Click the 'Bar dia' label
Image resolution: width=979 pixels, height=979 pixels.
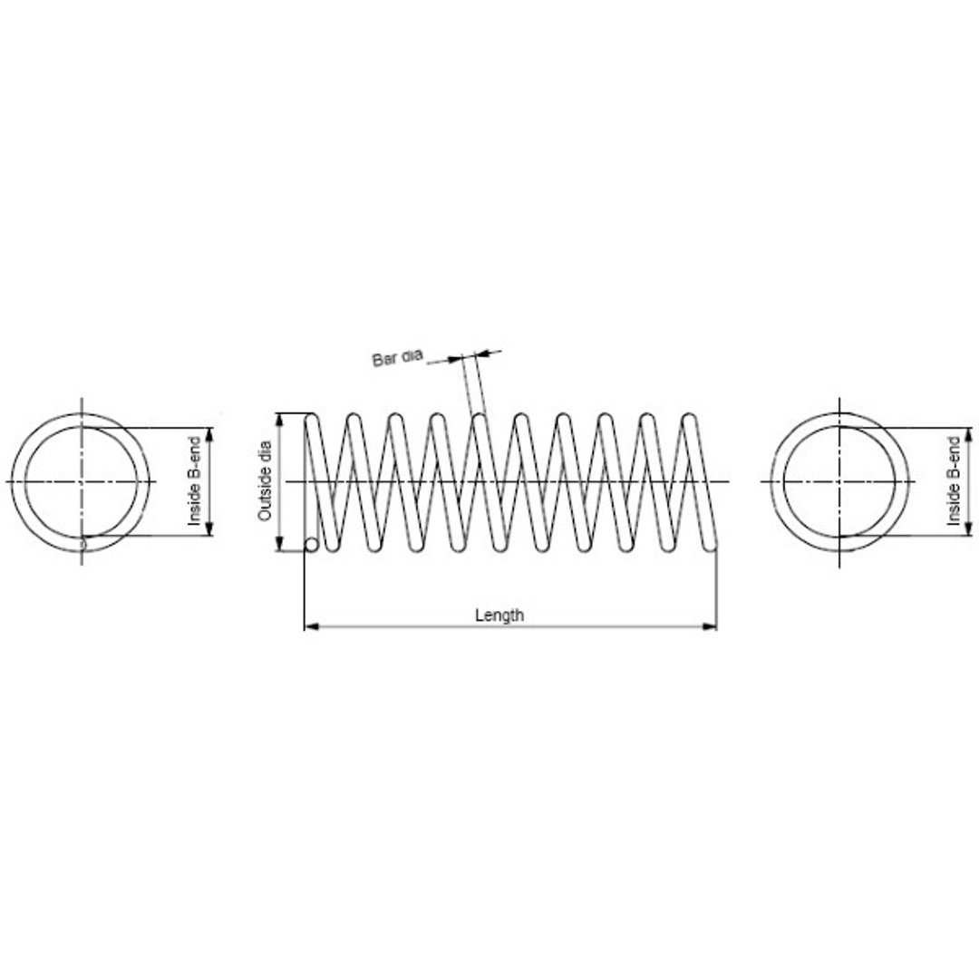click(397, 358)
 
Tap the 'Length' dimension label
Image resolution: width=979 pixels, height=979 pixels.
click(499, 615)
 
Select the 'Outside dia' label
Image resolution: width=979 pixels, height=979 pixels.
click(265, 481)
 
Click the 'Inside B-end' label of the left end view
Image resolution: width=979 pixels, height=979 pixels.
click(195, 481)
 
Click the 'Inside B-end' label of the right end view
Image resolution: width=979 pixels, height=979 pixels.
click(954, 481)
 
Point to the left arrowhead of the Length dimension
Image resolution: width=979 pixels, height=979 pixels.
click(312, 625)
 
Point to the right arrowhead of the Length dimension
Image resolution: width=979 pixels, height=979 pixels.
click(709, 625)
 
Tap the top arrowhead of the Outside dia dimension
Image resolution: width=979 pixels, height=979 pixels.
click(280, 421)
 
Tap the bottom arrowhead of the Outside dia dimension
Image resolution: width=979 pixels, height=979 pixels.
click(280, 544)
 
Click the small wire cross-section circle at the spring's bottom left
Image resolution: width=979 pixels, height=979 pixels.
click(311, 545)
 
